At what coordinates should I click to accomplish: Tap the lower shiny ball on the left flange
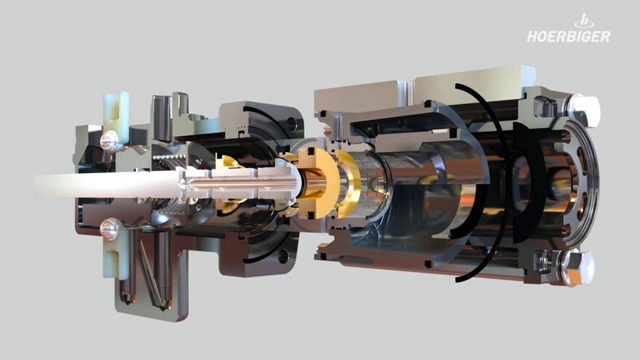tap(109, 229)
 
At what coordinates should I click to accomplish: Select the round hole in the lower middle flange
tap(283, 256)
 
